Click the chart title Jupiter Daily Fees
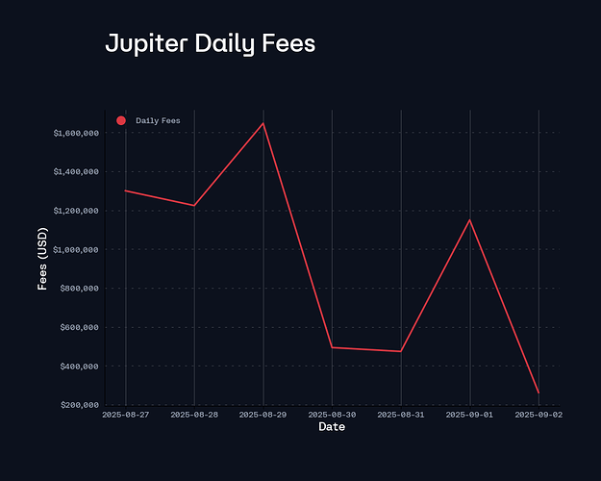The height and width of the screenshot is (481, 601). point(210,44)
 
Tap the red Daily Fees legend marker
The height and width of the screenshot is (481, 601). point(121,120)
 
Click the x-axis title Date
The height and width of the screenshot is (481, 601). point(332,426)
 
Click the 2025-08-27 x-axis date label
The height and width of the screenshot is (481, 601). point(126,415)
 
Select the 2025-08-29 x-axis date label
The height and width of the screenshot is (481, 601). point(263,415)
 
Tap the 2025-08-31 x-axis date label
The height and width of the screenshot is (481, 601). point(401,415)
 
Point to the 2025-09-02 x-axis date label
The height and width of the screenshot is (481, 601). point(538,415)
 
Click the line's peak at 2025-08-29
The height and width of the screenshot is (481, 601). point(263,123)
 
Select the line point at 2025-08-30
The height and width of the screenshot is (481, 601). point(332,347)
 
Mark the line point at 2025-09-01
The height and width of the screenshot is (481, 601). point(469,220)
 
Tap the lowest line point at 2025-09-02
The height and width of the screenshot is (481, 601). point(538,392)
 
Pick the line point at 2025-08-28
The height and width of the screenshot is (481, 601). point(194,205)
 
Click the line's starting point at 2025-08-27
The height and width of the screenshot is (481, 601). point(126,190)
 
